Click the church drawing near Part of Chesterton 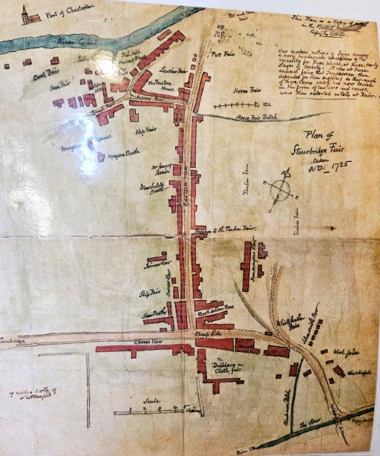click(x=27, y=15)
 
